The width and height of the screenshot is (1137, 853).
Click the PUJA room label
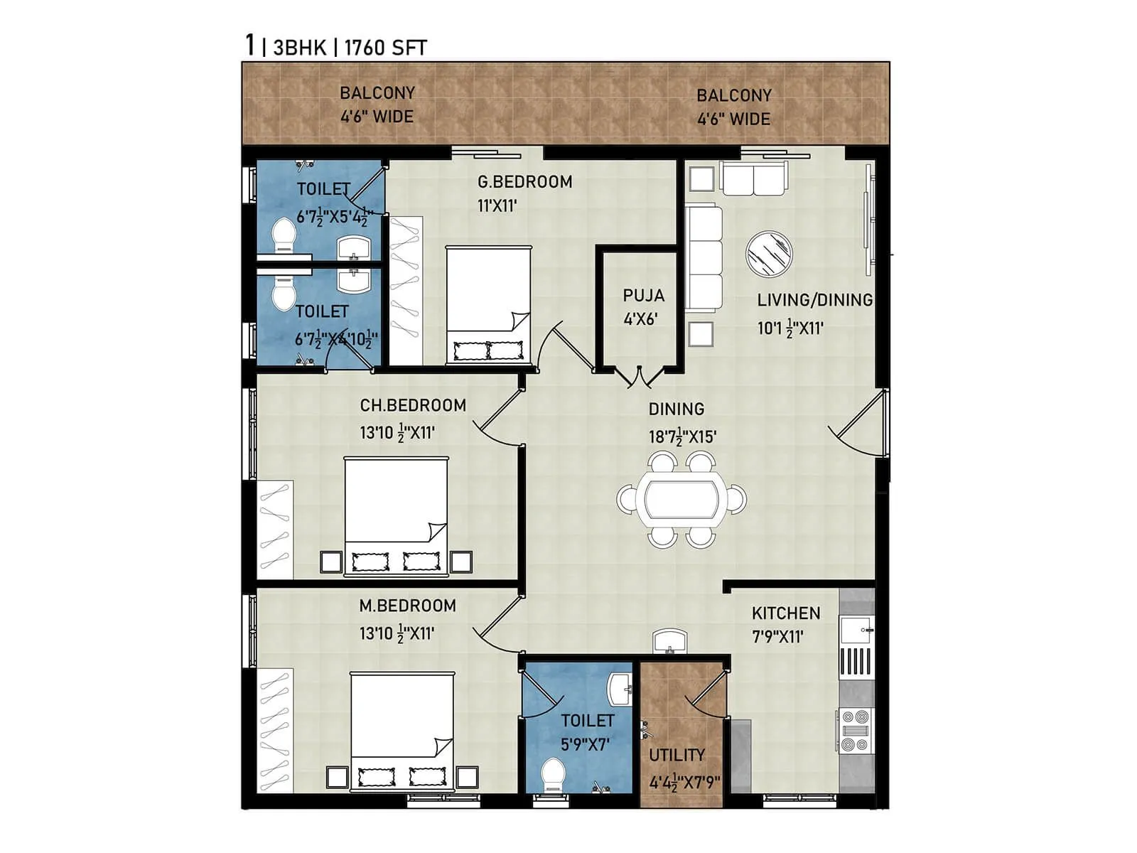tap(643, 295)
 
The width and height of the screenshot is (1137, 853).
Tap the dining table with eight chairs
tap(681, 500)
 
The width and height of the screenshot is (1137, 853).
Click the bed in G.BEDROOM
tap(488, 304)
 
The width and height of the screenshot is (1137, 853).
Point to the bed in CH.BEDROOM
tap(396, 515)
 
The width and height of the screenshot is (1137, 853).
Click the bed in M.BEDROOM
tap(402, 731)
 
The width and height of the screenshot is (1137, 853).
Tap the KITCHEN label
tap(785, 613)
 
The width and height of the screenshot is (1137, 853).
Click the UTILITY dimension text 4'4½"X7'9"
tap(684, 783)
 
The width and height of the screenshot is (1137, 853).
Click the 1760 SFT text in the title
tap(385, 48)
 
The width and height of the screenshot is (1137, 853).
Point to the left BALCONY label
tap(377, 93)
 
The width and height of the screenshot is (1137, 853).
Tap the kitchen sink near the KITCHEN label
tap(855, 630)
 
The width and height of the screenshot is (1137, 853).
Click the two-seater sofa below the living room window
tap(753, 178)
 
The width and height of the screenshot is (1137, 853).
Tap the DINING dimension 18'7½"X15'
tap(682, 436)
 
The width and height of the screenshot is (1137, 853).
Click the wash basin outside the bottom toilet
tap(670, 641)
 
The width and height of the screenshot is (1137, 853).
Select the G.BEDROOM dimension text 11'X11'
tap(497, 206)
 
